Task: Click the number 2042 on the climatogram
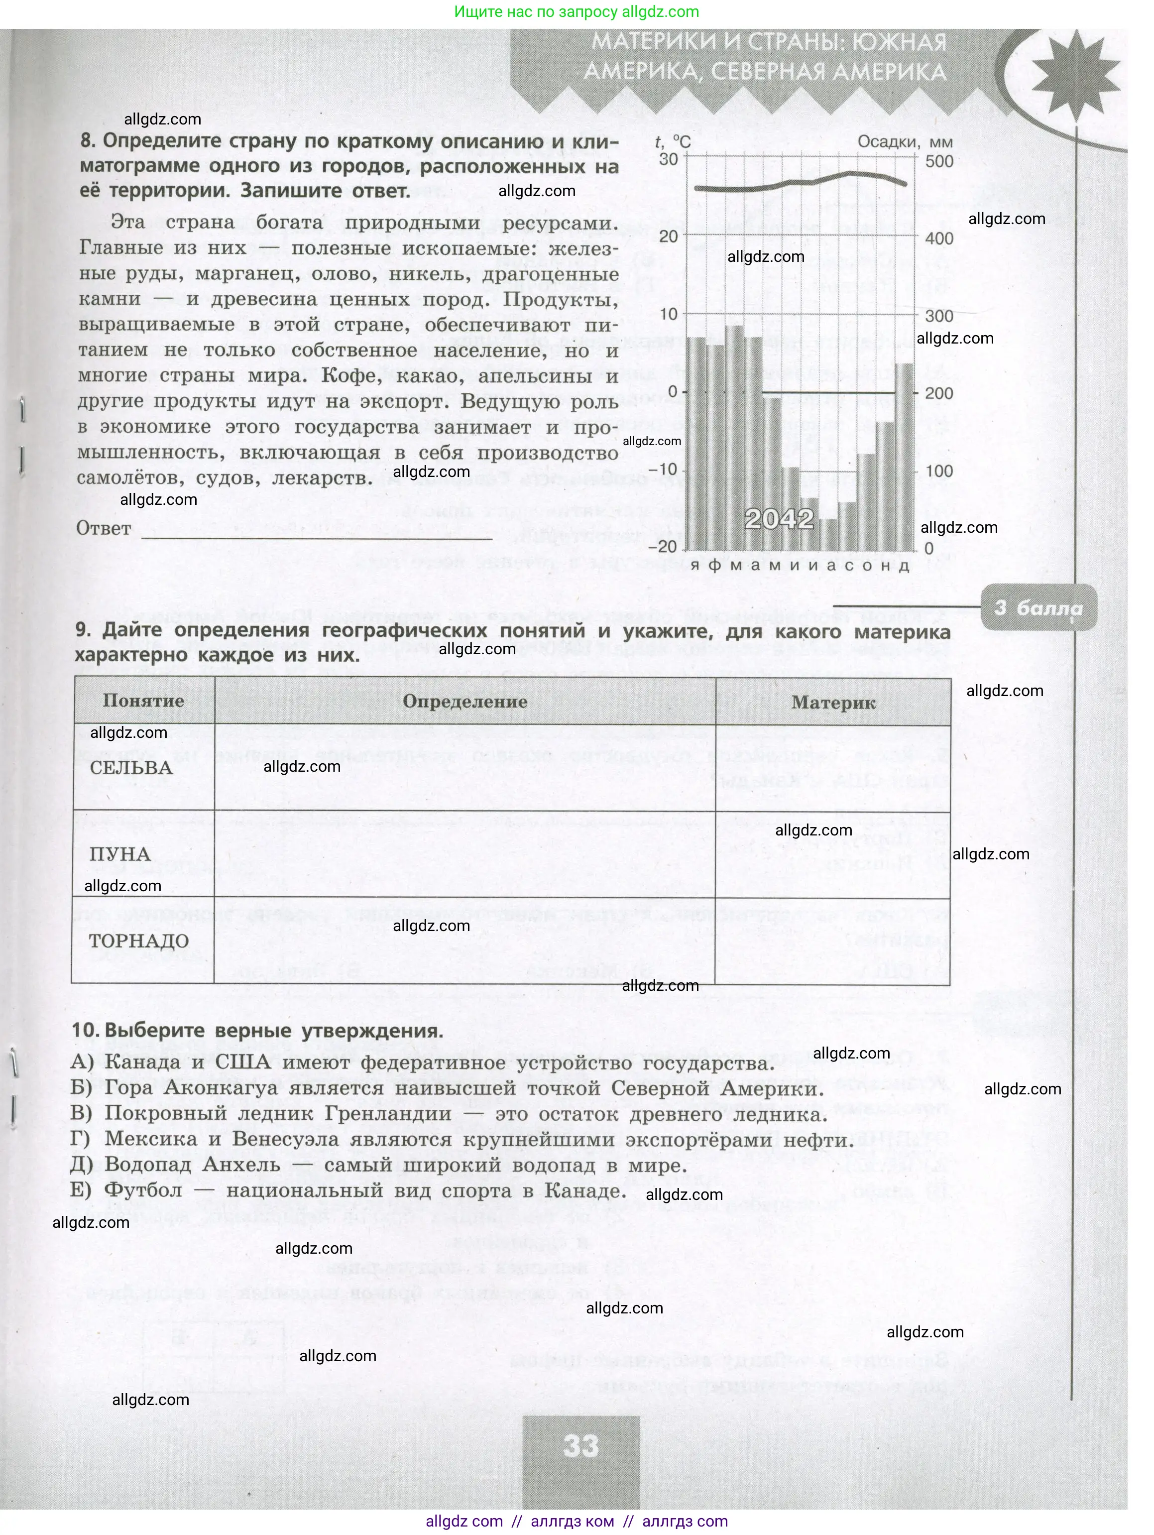pos(778,518)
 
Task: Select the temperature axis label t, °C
pos(673,142)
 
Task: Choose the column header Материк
pos(833,702)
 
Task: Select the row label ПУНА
pos(120,854)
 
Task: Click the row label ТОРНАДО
pos(139,941)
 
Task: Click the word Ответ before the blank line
pos(104,528)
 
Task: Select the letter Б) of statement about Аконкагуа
pos(81,1087)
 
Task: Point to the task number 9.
pos(83,630)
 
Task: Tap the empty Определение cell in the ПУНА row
pos(464,853)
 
